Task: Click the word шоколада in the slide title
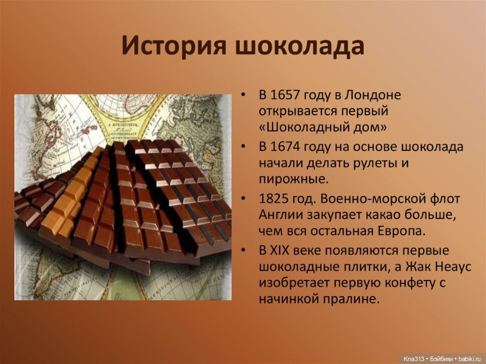coord(300,46)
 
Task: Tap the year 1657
coord(284,95)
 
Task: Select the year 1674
coord(284,147)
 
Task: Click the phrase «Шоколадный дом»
coord(323,127)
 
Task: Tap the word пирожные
coord(293,179)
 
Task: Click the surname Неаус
coord(453,267)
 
